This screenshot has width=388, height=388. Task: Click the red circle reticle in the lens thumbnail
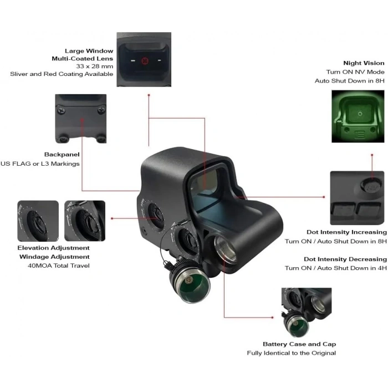[x=145, y=61]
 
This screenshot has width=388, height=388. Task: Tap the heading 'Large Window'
[x=89, y=51]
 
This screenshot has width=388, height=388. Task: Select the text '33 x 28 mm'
[x=95, y=67]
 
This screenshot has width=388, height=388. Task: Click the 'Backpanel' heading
[x=62, y=155]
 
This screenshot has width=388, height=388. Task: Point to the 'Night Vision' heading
[x=364, y=63]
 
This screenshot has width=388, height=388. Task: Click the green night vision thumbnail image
[x=358, y=116]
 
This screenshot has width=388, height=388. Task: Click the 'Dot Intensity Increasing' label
[x=346, y=232]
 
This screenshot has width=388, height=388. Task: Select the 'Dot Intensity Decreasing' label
[x=345, y=259]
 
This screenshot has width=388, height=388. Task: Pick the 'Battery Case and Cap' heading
[x=299, y=344]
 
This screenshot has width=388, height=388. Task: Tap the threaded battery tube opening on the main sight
[x=225, y=249]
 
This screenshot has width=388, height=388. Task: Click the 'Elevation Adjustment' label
[x=53, y=248]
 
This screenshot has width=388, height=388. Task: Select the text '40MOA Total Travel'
[x=59, y=266]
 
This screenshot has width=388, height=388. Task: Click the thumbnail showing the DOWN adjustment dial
[x=38, y=221]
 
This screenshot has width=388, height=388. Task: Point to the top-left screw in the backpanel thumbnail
[x=61, y=110]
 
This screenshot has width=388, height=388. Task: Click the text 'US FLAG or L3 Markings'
[x=40, y=164]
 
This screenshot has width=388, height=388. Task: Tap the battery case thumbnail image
[x=307, y=312]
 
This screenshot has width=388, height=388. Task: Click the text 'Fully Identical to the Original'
[x=292, y=353]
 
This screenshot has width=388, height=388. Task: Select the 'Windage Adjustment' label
[x=54, y=257]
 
